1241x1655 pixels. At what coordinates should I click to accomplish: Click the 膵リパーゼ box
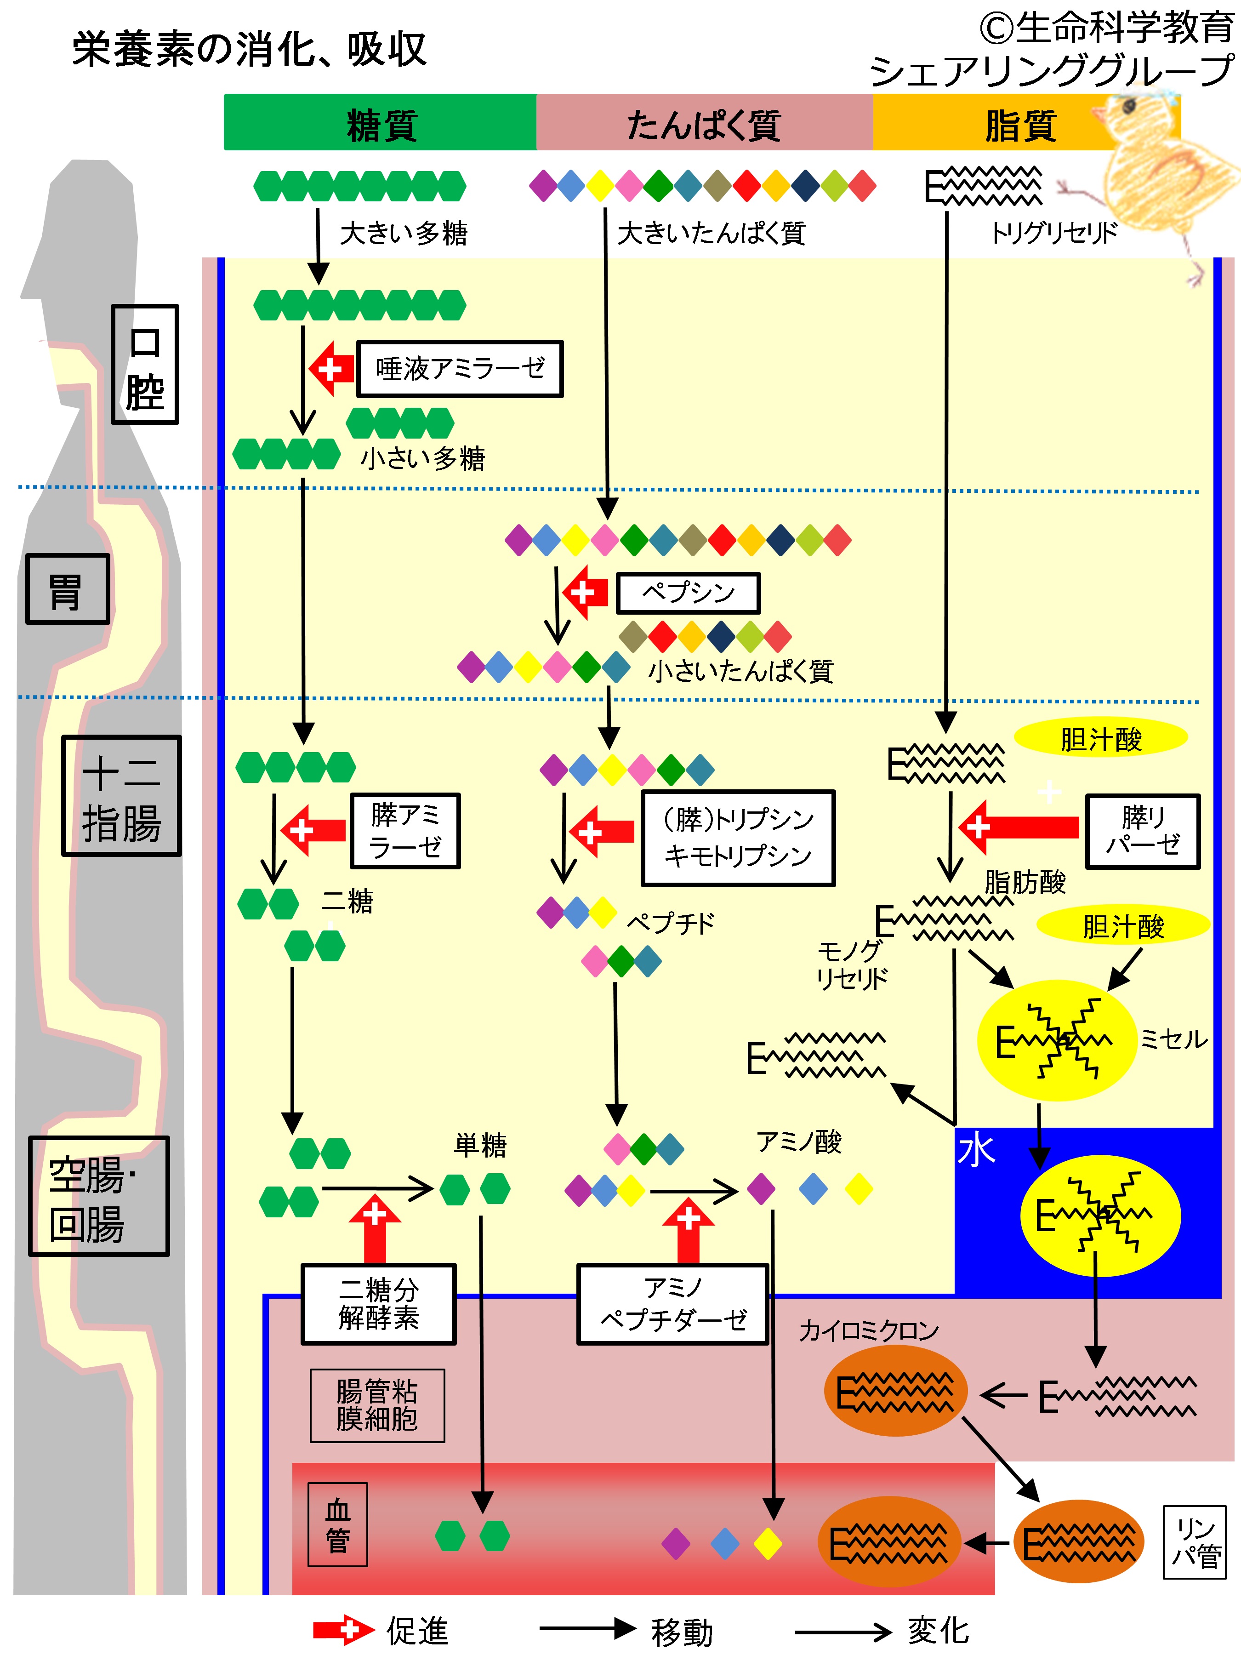1143,831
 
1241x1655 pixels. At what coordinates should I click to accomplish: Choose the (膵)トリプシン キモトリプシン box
738,838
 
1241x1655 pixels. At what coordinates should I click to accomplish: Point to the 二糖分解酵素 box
379,1304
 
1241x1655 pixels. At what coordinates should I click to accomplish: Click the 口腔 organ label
145,365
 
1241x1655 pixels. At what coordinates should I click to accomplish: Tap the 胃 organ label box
67,589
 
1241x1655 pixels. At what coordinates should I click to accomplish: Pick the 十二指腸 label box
121,795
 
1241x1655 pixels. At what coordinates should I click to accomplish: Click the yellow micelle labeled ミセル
1057,1040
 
